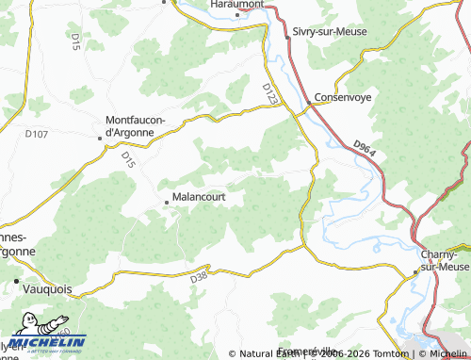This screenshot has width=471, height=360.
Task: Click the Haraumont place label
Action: click(236, 5)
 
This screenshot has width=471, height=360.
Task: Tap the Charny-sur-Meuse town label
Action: click(443, 261)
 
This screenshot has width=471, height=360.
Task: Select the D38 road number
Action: click(198, 277)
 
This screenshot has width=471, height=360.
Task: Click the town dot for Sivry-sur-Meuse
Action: click(287, 37)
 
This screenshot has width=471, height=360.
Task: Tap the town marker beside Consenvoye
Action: click(308, 104)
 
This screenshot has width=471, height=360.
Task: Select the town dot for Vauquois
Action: click(17, 281)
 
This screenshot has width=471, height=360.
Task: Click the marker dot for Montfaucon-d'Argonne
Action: click(101, 139)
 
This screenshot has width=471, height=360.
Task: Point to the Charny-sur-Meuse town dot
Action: click(415, 274)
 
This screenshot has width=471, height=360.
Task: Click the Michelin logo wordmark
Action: click(49, 343)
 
